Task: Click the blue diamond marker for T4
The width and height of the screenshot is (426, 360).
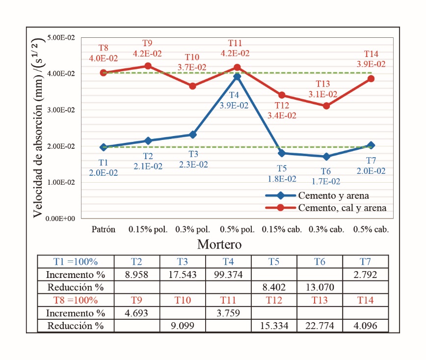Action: coord(237,77)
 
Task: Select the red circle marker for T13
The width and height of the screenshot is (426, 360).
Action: coord(326,106)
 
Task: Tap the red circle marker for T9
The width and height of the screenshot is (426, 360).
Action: coord(148,66)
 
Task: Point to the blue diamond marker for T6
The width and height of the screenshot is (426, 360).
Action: coord(326,157)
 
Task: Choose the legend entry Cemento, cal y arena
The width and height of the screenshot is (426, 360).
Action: coord(342,208)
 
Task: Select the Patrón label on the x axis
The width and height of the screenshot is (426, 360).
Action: coord(103,229)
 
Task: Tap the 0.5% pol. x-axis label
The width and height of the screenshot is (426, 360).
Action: coord(237,229)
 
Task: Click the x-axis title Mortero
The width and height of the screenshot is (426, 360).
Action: coord(219,244)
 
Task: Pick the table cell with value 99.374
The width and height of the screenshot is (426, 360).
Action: coord(228,274)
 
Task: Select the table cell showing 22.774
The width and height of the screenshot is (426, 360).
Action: coord(319,326)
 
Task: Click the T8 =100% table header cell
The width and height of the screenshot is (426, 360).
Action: coord(76,300)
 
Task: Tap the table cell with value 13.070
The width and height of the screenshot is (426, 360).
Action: coord(319,287)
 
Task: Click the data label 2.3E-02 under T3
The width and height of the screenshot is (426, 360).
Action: coord(192,165)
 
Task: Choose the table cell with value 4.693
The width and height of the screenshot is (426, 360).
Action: coord(137,313)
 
